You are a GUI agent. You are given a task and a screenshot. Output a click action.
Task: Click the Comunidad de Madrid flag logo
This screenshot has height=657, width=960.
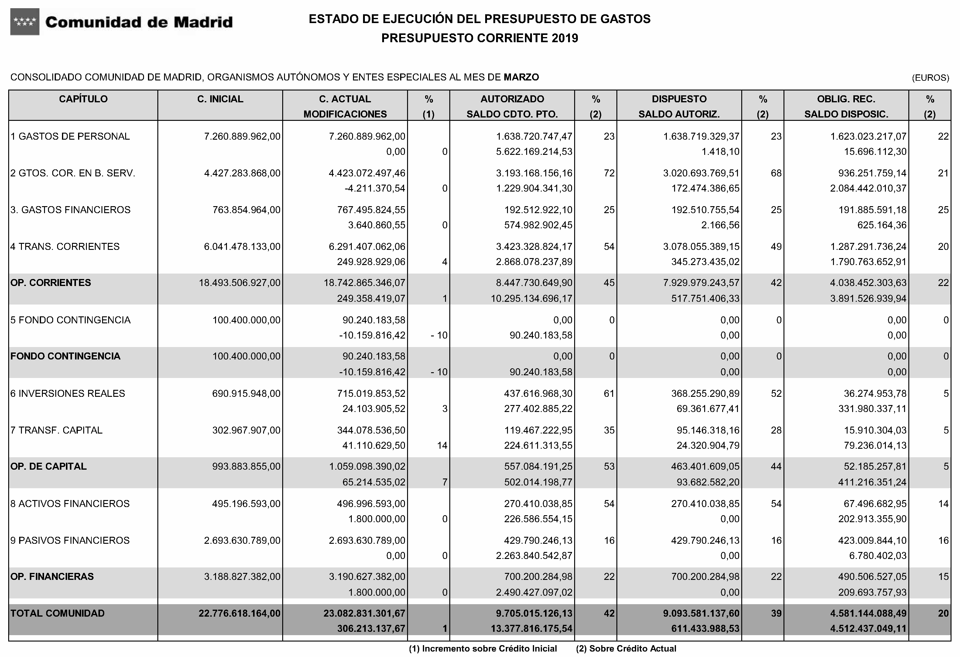tap(25, 22)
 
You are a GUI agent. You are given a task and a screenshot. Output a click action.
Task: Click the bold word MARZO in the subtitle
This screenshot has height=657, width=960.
tap(521, 77)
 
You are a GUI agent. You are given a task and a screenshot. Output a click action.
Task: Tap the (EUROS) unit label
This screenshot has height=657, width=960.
tap(930, 78)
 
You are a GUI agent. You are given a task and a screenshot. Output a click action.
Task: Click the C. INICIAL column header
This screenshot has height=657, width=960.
tap(220, 99)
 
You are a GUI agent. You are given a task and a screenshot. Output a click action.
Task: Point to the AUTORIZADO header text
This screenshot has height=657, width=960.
tap(512, 99)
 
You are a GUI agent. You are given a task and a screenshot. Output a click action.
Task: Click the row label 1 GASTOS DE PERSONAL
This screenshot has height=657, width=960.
tap(70, 137)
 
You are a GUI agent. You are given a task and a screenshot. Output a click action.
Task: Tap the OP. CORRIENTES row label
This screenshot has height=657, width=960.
tap(50, 283)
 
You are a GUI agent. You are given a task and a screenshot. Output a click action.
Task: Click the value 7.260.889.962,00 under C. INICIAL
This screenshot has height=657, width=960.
tap(242, 137)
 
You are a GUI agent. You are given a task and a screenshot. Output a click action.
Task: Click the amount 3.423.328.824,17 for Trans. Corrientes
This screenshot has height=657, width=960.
tap(534, 247)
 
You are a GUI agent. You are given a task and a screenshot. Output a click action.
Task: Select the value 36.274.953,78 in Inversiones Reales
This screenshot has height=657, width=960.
tap(875, 393)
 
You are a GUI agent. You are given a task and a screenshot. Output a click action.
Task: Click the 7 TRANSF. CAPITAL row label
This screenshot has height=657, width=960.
tap(56, 430)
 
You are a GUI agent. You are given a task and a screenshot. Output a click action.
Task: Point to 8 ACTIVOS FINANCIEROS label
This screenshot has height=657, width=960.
tap(70, 504)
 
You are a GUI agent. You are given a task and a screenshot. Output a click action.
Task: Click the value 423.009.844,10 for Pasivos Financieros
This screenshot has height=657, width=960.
tap(873, 540)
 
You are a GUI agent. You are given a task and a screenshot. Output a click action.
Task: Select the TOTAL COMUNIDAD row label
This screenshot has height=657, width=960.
tap(57, 614)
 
